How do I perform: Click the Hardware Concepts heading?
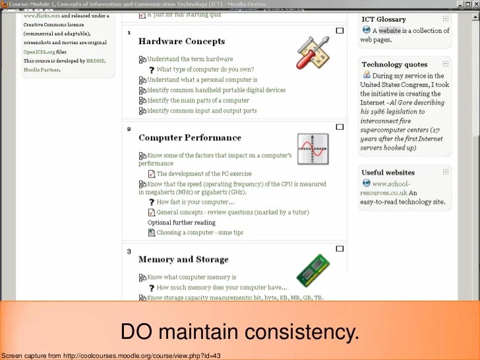pyautogui.click(x=181, y=42)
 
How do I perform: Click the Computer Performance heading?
pyautogui.click(x=190, y=138)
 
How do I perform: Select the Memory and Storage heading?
pyautogui.click(x=183, y=259)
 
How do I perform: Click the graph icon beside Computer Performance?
pyautogui.click(x=313, y=149)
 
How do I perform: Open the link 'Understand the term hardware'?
pyautogui.click(x=190, y=59)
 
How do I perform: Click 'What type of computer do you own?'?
pyautogui.click(x=205, y=69)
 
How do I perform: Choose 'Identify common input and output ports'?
pyautogui.click(x=202, y=111)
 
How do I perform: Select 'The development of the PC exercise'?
pyautogui.click(x=204, y=174)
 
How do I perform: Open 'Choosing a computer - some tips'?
pyautogui.click(x=200, y=232)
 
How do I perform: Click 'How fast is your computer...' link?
pyautogui.click(x=195, y=202)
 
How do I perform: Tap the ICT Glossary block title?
pyautogui.click(x=384, y=19)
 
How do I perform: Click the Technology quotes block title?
pyautogui.click(x=394, y=65)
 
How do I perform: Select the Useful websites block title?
pyautogui.click(x=388, y=173)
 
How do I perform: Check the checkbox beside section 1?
pyautogui.click(x=340, y=31)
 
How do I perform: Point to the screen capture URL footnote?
pyautogui.click(x=111, y=355)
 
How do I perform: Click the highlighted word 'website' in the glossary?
pyautogui.click(x=389, y=30)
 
